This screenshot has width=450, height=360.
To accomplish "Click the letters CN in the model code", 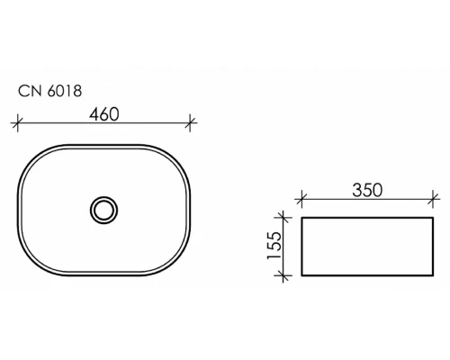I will pos(30,91).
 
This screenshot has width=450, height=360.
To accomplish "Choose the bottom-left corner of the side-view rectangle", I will pos(301,274).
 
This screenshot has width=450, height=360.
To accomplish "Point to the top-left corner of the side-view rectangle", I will pos(301,217).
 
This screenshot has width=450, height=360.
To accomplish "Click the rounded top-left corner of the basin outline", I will pos(31,154).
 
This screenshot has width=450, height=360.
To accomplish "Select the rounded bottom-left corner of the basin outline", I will pos(31,264).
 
